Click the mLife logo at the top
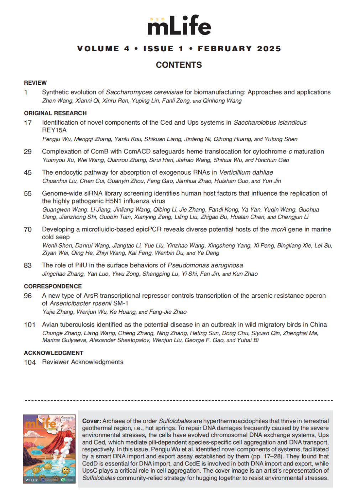(179, 25)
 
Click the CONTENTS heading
(179, 65)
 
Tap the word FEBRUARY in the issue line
(225, 49)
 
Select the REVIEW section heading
(35, 83)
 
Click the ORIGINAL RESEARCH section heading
(55, 113)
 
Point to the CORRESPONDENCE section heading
(53, 286)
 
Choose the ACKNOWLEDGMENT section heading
(53, 353)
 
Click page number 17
(28, 123)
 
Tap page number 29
(28, 151)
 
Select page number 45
(28, 172)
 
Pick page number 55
(28, 193)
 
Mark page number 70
(28, 229)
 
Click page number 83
(28, 265)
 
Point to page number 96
(28, 296)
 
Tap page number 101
(30, 324)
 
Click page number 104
(30, 362)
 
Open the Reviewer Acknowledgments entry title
(83, 362)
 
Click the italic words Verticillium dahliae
(246, 172)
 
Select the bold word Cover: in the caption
(92, 421)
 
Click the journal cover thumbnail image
(49, 448)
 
